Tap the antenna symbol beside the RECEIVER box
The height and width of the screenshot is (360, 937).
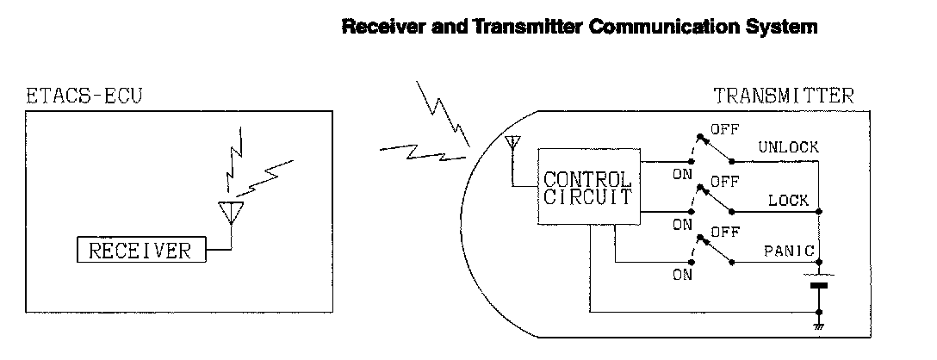click(x=230, y=212)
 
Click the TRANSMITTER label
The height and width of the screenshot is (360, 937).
click(x=784, y=96)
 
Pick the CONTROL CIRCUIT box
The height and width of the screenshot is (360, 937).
click(x=587, y=187)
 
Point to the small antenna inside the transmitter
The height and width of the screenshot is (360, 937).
click(x=512, y=143)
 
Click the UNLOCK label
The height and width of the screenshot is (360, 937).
click(x=788, y=147)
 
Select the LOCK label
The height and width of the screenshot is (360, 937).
click(x=789, y=201)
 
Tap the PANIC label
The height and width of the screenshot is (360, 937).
click(x=789, y=251)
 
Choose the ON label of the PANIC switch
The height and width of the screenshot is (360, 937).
click(x=682, y=276)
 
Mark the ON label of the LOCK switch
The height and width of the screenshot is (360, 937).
click(x=682, y=225)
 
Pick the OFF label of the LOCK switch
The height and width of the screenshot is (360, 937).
click(x=724, y=183)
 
